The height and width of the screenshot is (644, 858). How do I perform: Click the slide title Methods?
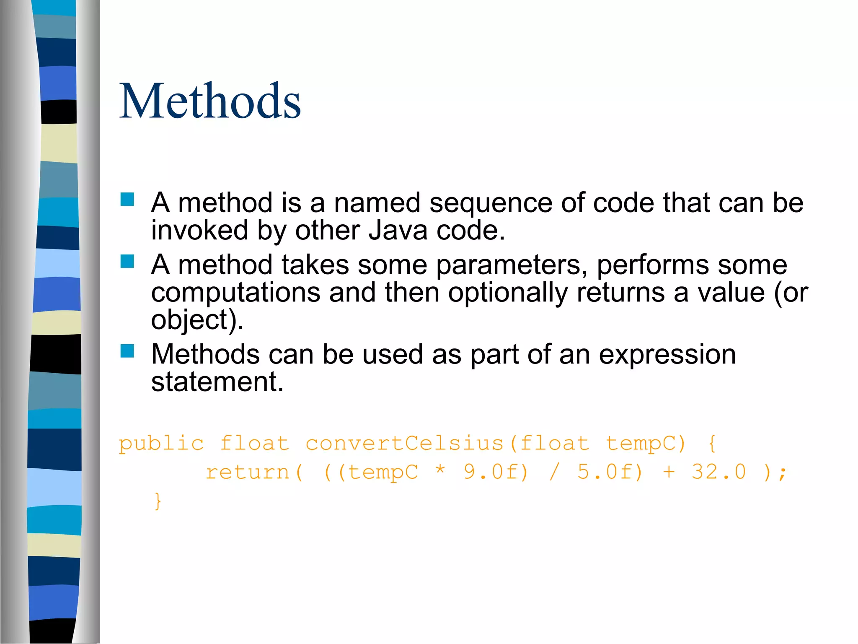pyautogui.click(x=210, y=101)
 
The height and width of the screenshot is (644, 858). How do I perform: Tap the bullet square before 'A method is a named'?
pyautogui.click(x=127, y=199)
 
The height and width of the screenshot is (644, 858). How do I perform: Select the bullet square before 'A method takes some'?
pyautogui.click(x=127, y=261)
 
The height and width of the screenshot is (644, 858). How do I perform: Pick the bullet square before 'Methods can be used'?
pyautogui.click(x=127, y=351)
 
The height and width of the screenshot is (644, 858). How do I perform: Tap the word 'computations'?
pyautogui.click(x=235, y=292)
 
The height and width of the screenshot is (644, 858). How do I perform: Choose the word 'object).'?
pyautogui.click(x=197, y=320)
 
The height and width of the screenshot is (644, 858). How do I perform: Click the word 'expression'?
pyautogui.click(x=667, y=355)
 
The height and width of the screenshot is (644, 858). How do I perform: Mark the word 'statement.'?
pyautogui.click(x=217, y=382)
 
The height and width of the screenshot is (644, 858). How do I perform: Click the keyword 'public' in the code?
pyautogui.click(x=161, y=444)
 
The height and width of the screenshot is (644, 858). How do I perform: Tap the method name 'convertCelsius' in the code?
pyautogui.click(x=404, y=443)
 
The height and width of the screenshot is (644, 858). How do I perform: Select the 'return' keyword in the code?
pyautogui.click(x=248, y=473)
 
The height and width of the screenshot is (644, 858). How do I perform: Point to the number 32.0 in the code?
pyautogui.click(x=718, y=472)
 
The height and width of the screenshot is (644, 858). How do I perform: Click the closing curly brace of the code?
pyautogui.click(x=158, y=501)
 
